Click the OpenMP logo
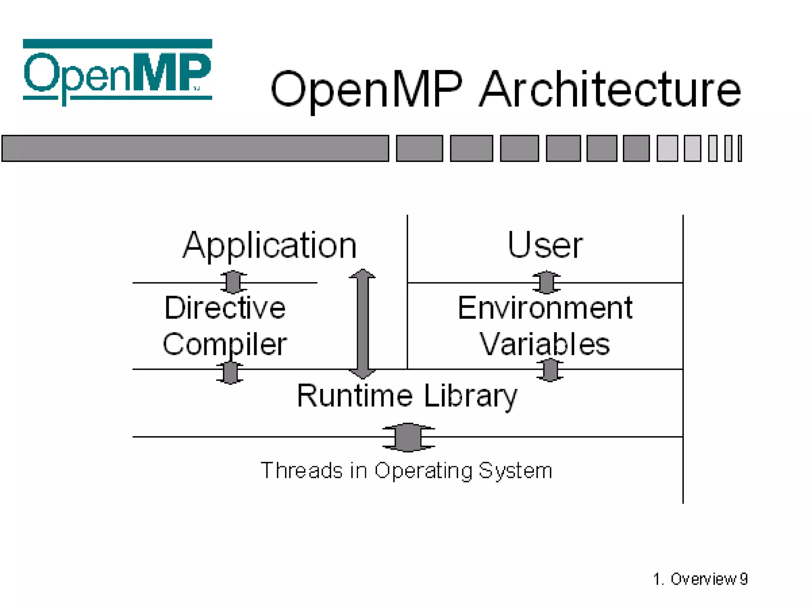tap(117, 71)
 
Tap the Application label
tap(270, 245)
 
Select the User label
tap(545, 245)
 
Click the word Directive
tap(225, 308)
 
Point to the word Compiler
tap(225, 344)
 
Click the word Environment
tap(545, 308)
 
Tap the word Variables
tap(545, 344)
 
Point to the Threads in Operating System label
tap(406, 470)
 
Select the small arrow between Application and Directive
tap(233, 282)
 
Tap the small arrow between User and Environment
tap(546, 282)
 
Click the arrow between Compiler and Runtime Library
tap(230, 372)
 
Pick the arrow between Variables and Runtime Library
tap(550, 370)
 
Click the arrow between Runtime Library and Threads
tap(408, 437)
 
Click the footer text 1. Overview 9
tap(700, 579)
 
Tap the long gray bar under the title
tap(195, 148)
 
